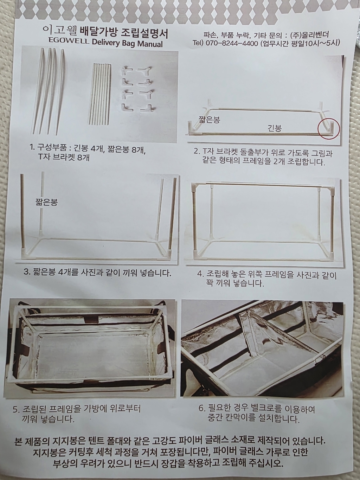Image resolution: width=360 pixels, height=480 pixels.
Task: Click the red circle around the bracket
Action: pos(329,128)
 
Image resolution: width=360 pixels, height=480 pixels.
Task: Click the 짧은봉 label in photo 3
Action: pos(46,202)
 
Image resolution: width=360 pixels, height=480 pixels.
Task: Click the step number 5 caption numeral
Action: pos(15,410)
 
